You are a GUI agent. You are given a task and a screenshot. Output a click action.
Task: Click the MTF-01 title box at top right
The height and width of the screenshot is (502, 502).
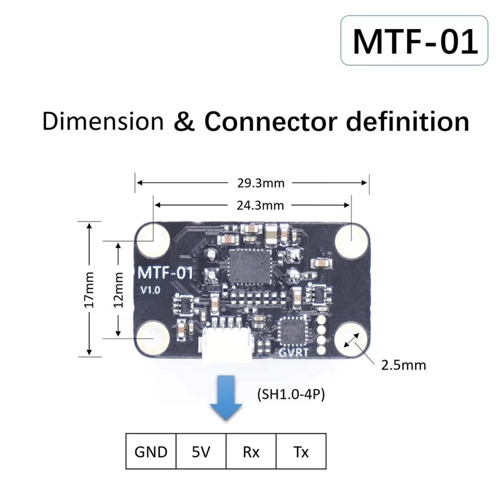click(415, 41)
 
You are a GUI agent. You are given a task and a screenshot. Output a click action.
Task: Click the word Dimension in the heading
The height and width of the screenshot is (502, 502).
click(103, 121)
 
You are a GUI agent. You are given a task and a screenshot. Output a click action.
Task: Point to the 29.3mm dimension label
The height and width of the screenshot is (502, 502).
click(261, 183)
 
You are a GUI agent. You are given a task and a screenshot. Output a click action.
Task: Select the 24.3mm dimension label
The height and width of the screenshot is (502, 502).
click(261, 205)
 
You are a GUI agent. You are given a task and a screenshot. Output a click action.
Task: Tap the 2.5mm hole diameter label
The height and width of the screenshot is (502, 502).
click(403, 365)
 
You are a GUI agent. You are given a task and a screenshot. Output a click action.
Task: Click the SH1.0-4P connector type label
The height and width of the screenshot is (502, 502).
click(289, 395)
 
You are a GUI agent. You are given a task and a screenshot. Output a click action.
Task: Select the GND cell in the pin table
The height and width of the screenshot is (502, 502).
click(151, 452)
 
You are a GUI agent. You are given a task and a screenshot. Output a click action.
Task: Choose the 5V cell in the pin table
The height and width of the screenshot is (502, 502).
click(201, 452)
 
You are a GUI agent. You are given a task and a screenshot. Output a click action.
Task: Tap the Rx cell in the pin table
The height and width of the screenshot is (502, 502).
click(251, 452)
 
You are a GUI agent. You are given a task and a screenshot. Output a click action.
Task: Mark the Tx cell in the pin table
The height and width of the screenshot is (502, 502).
click(301, 452)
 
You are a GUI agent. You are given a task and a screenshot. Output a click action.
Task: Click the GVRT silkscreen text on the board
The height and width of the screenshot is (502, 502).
click(295, 353)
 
